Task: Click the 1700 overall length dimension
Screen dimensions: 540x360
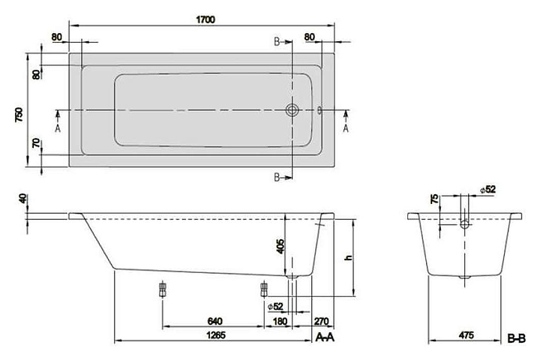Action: [x=205, y=19]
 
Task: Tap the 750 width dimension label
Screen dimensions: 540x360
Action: [x=19, y=115]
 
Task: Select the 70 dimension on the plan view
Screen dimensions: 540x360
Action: [x=36, y=143]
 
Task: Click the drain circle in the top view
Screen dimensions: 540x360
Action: [x=292, y=110]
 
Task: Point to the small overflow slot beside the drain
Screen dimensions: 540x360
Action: [x=319, y=110]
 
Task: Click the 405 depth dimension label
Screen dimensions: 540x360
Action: [x=280, y=247]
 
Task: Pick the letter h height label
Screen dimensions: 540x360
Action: [x=349, y=257]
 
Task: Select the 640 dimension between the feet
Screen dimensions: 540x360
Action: [x=215, y=322]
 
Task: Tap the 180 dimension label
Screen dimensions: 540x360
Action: [x=280, y=322]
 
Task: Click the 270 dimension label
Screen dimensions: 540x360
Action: [x=321, y=322]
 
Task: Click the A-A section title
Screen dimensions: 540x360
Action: [x=325, y=337]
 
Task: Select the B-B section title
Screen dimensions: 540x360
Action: [x=516, y=339]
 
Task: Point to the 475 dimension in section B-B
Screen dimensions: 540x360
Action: [x=466, y=334]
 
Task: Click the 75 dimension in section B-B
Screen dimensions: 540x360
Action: [x=435, y=199]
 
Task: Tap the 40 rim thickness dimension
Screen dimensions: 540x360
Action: [x=22, y=199]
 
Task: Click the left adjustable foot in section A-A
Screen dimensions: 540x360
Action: [x=162, y=289]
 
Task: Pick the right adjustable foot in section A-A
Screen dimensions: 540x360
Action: [x=264, y=289]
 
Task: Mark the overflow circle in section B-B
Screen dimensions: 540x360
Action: [x=465, y=224]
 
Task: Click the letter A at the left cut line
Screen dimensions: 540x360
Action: [x=58, y=128]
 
